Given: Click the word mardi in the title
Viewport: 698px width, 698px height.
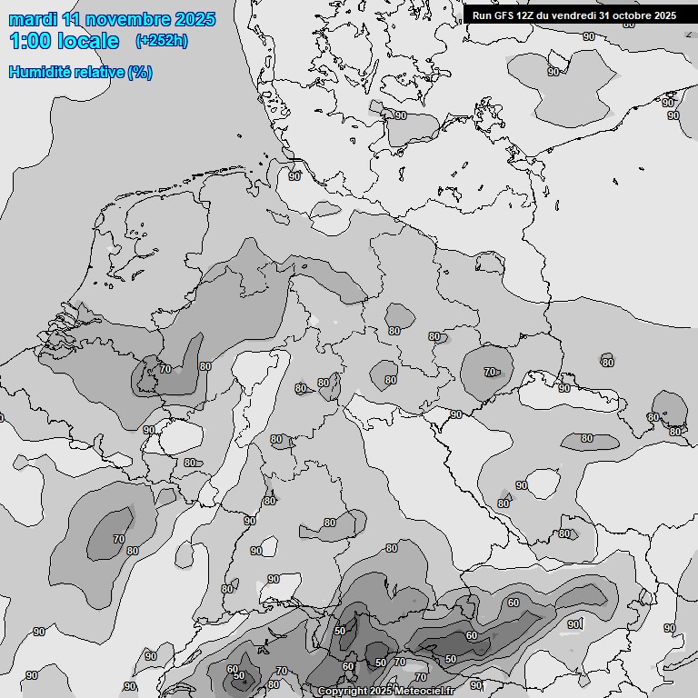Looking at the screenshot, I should [33, 20].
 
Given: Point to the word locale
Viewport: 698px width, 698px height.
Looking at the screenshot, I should [87, 41].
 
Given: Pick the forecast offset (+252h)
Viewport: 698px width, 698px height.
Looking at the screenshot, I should [161, 41].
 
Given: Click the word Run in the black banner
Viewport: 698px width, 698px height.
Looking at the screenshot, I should [481, 15].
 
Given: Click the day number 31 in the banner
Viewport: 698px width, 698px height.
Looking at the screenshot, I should [605, 15].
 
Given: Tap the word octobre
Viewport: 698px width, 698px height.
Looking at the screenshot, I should [633, 15].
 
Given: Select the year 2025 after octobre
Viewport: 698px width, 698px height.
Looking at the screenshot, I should [665, 15].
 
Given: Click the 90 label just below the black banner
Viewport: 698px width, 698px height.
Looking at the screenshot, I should [589, 36].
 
